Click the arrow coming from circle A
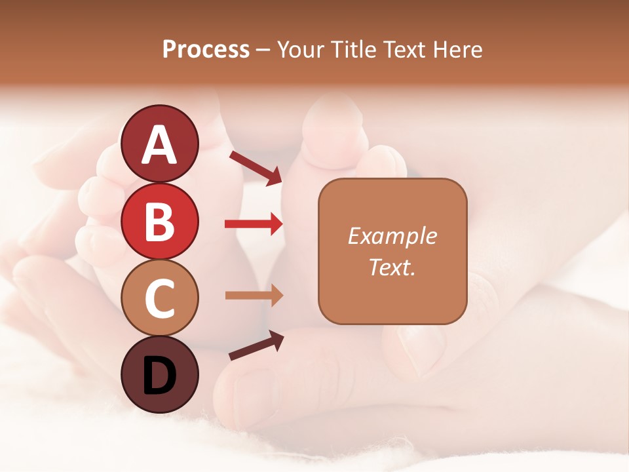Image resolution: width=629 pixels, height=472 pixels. click(256, 168)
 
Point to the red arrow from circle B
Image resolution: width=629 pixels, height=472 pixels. click(254, 224)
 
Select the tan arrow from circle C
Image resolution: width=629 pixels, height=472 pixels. click(254, 295)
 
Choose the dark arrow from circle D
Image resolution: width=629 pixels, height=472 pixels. click(256, 346)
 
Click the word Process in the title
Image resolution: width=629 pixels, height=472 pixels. click(206, 49)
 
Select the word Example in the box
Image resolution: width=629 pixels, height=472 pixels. click(392, 236)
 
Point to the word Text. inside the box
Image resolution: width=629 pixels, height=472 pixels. click(392, 267)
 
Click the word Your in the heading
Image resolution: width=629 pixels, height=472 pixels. click(299, 49)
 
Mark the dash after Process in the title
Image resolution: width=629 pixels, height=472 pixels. click(264, 50)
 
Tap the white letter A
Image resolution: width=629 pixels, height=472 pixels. click(159, 144)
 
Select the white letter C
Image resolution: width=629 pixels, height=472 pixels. click(159, 299)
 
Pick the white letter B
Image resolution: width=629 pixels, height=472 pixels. click(159, 222)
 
